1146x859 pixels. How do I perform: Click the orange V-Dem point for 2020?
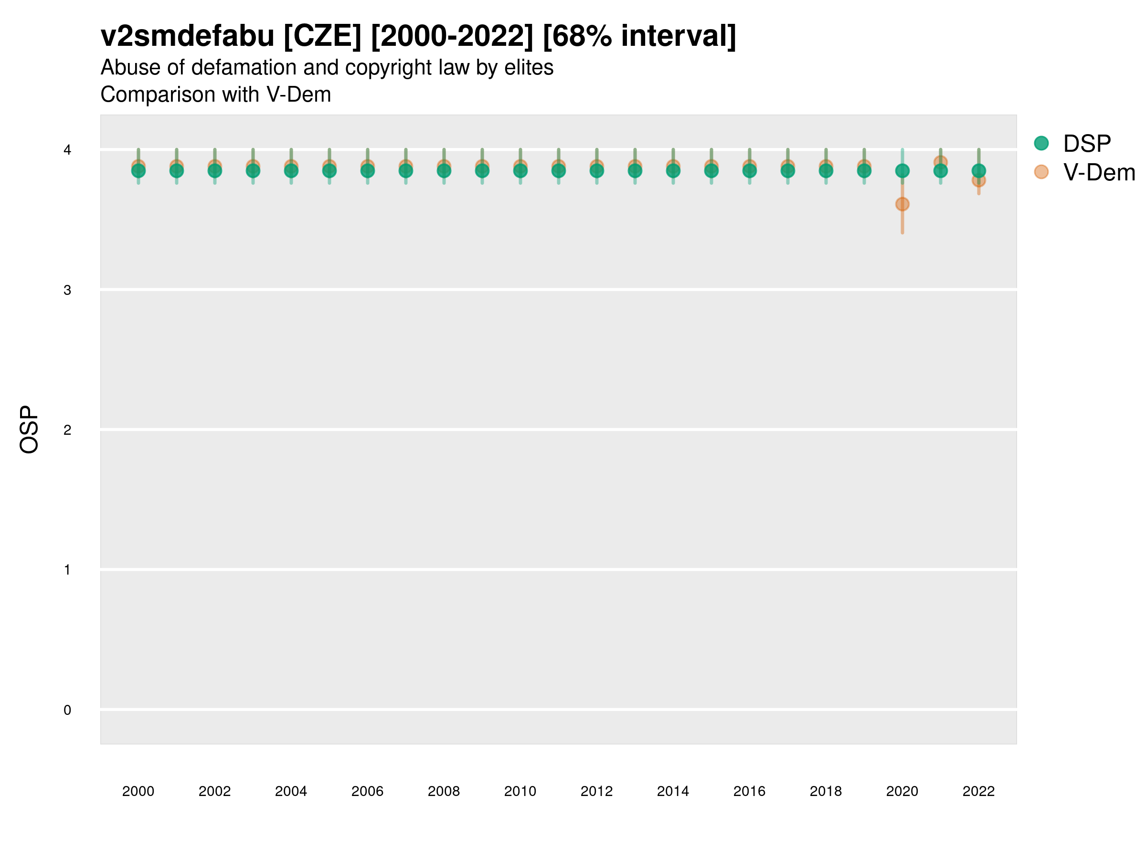pyautogui.click(x=902, y=204)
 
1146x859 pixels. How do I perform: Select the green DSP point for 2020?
pyautogui.click(x=902, y=170)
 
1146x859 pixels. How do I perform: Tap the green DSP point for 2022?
pyautogui.click(x=978, y=170)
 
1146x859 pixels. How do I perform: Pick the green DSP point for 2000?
pyautogui.click(x=138, y=170)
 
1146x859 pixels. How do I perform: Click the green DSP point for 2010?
pyautogui.click(x=520, y=170)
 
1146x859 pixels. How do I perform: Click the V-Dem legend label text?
pyautogui.click(x=1099, y=172)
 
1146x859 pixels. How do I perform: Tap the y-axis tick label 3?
pyautogui.click(x=67, y=290)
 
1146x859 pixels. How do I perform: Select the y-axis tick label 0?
pyautogui.click(x=67, y=710)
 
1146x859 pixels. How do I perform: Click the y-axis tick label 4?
pyautogui.click(x=67, y=150)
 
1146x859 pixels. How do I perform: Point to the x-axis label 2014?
pyautogui.click(x=672, y=791)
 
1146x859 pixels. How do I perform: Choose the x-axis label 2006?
pyautogui.click(x=367, y=791)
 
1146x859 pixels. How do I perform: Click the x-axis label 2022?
pyautogui.click(x=978, y=791)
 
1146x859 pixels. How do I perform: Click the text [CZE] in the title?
pyautogui.click(x=322, y=36)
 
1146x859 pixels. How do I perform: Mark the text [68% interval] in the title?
pyautogui.click(x=639, y=36)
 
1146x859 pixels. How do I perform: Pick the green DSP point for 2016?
pyautogui.click(x=749, y=170)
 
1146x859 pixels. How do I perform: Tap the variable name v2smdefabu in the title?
pyautogui.click(x=187, y=36)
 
